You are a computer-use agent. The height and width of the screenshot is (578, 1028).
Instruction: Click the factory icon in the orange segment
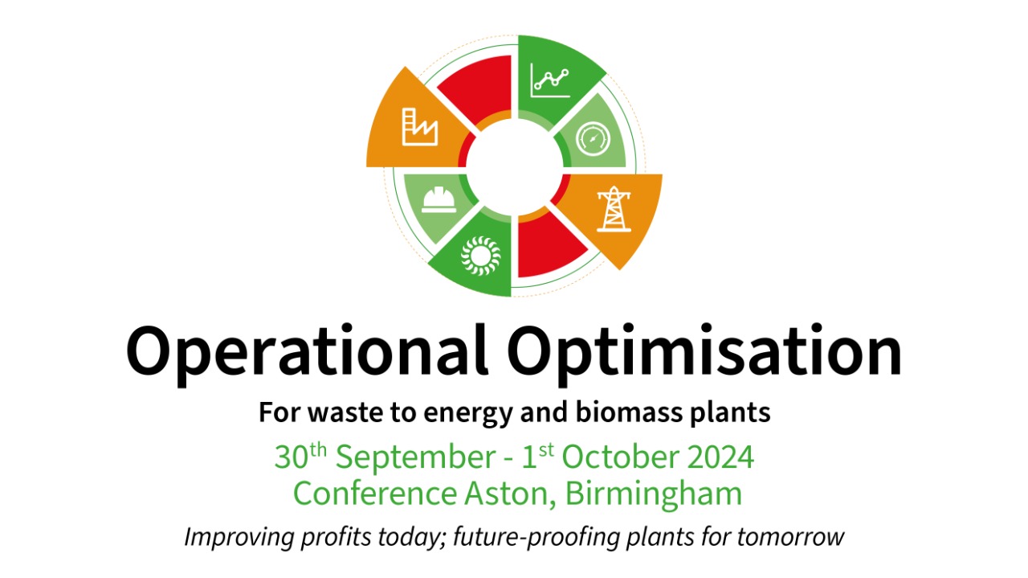click(x=419, y=127)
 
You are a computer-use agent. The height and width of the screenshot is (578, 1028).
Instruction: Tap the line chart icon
click(x=550, y=79)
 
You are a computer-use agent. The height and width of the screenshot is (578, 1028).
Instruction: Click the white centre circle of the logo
click(x=514, y=166)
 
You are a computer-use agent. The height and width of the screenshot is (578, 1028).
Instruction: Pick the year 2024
click(x=719, y=457)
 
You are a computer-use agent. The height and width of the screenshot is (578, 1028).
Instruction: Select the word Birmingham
click(x=654, y=494)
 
